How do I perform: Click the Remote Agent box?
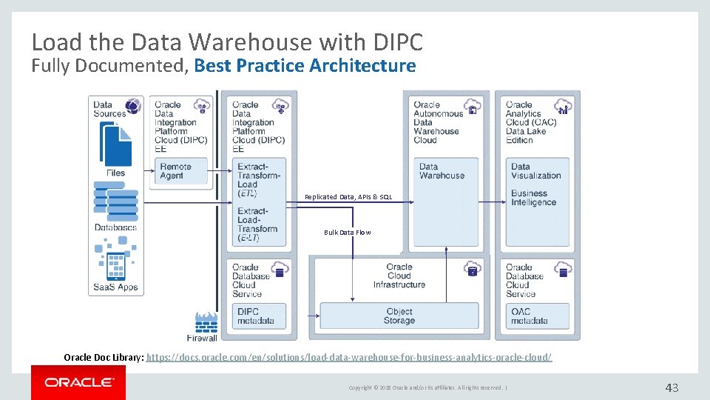pos(180,171)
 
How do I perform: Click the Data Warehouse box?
pos(442,171)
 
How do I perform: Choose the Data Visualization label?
pos(535,171)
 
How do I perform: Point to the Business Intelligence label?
pos(532,198)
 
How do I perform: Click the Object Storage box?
pos(399,316)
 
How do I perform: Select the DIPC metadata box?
pos(257,316)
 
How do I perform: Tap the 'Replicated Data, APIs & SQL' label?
pos(348,197)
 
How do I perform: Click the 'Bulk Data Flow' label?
pos(347,233)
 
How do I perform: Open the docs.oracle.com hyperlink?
pos(349,357)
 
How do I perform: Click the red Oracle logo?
pos(78,383)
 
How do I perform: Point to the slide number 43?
pos(672,387)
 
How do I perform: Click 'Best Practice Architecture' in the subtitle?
pos(305,66)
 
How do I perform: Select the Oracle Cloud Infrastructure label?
pos(399,276)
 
